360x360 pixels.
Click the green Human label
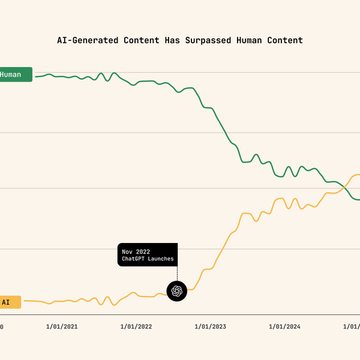(14, 75)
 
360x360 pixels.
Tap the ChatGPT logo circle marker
(177, 291)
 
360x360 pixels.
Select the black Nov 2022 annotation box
(148, 255)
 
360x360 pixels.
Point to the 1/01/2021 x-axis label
(62, 327)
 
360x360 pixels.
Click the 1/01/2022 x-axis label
(136, 327)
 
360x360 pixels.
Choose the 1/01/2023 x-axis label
(210, 327)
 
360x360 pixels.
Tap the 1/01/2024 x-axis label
(284, 327)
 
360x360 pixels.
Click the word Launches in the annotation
(160, 259)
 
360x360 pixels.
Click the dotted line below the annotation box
(177, 274)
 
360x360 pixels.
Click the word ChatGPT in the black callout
(133, 259)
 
